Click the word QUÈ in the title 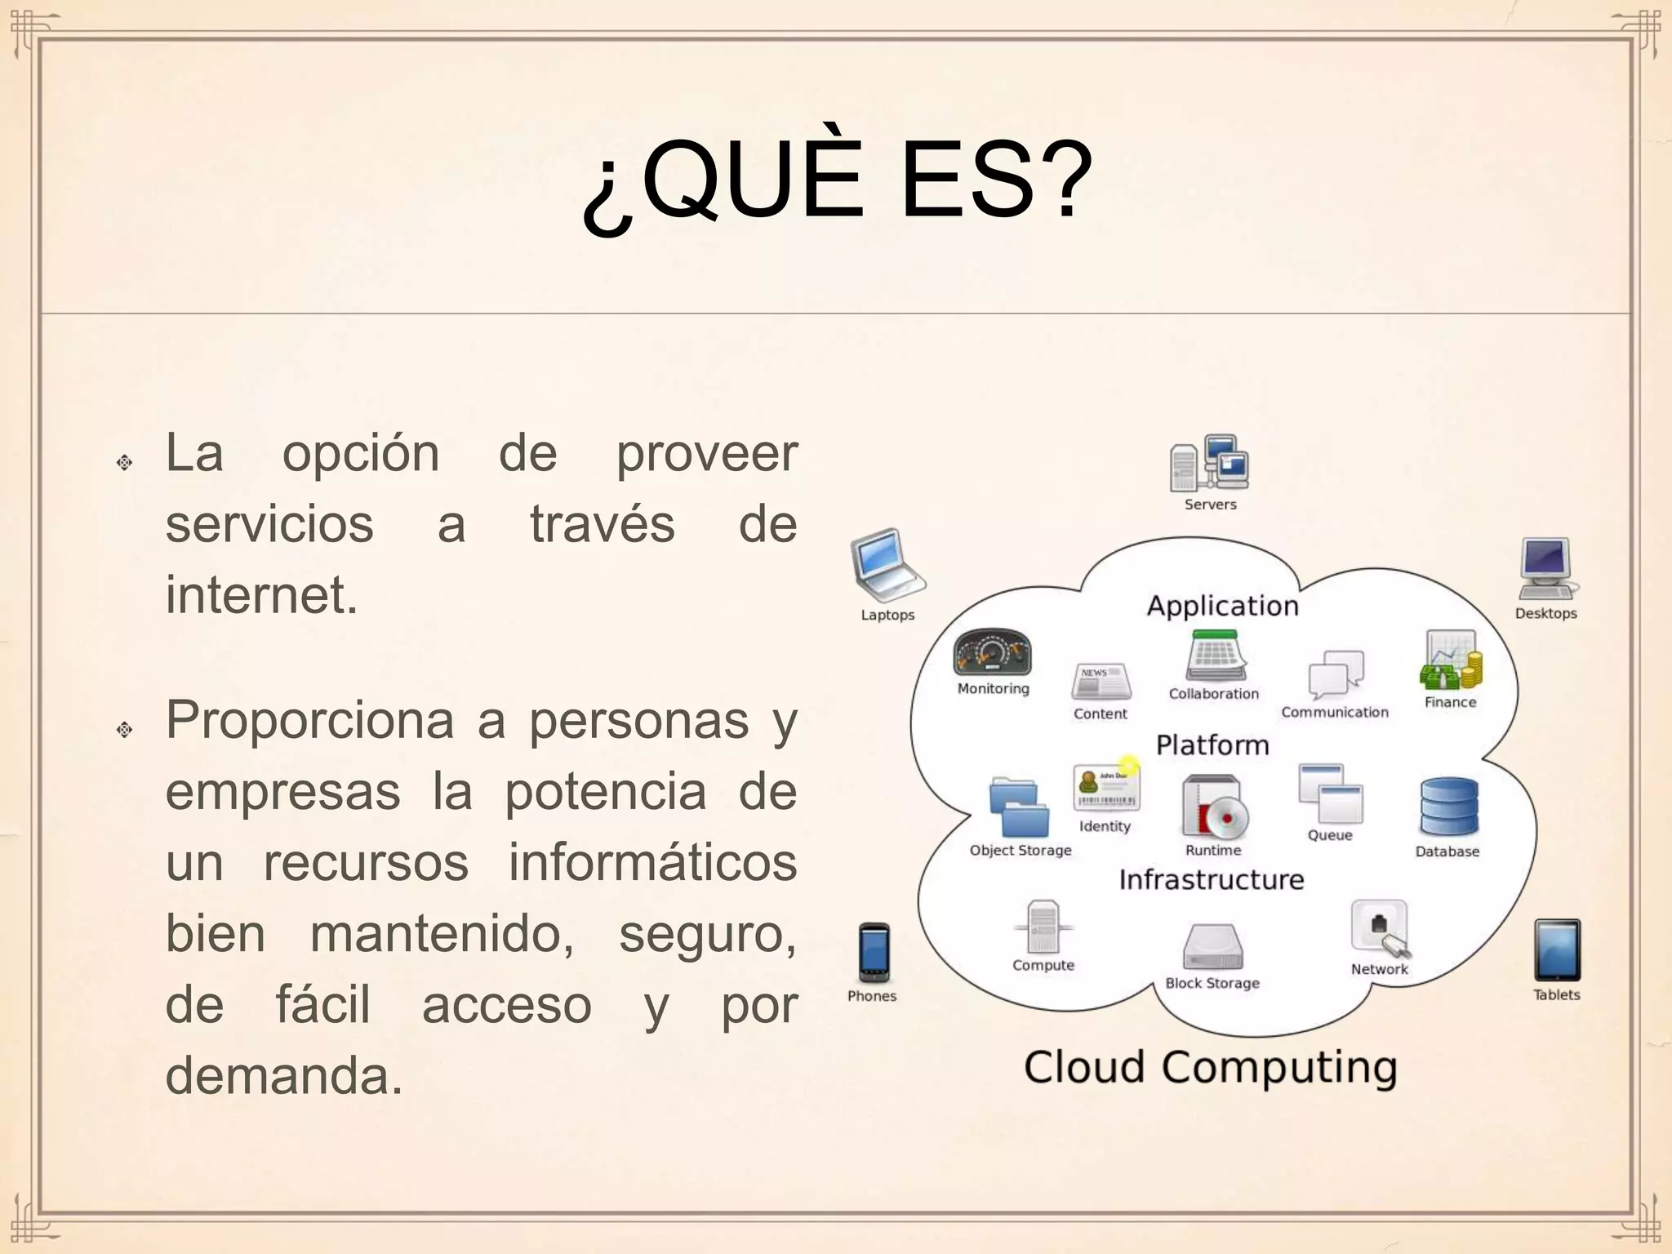[752, 181]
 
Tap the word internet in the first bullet [261, 594]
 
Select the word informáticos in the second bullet [652, 862]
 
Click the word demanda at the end [284, 1074]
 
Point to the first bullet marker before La [124, 462]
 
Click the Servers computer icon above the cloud [1209, 463]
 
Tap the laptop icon [887, 565]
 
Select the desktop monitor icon [1545, 568]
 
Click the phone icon [874, 952]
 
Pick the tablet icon [1557, 950]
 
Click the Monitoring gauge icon [992, 653]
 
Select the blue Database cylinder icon [1449, 807]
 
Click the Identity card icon [1105, 789]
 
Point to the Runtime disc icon [1215, 807]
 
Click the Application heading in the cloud [1222, 606]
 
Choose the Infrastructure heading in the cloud [1211, 879]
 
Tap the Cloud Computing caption [1210, 1067]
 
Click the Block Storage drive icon [1212, 947]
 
